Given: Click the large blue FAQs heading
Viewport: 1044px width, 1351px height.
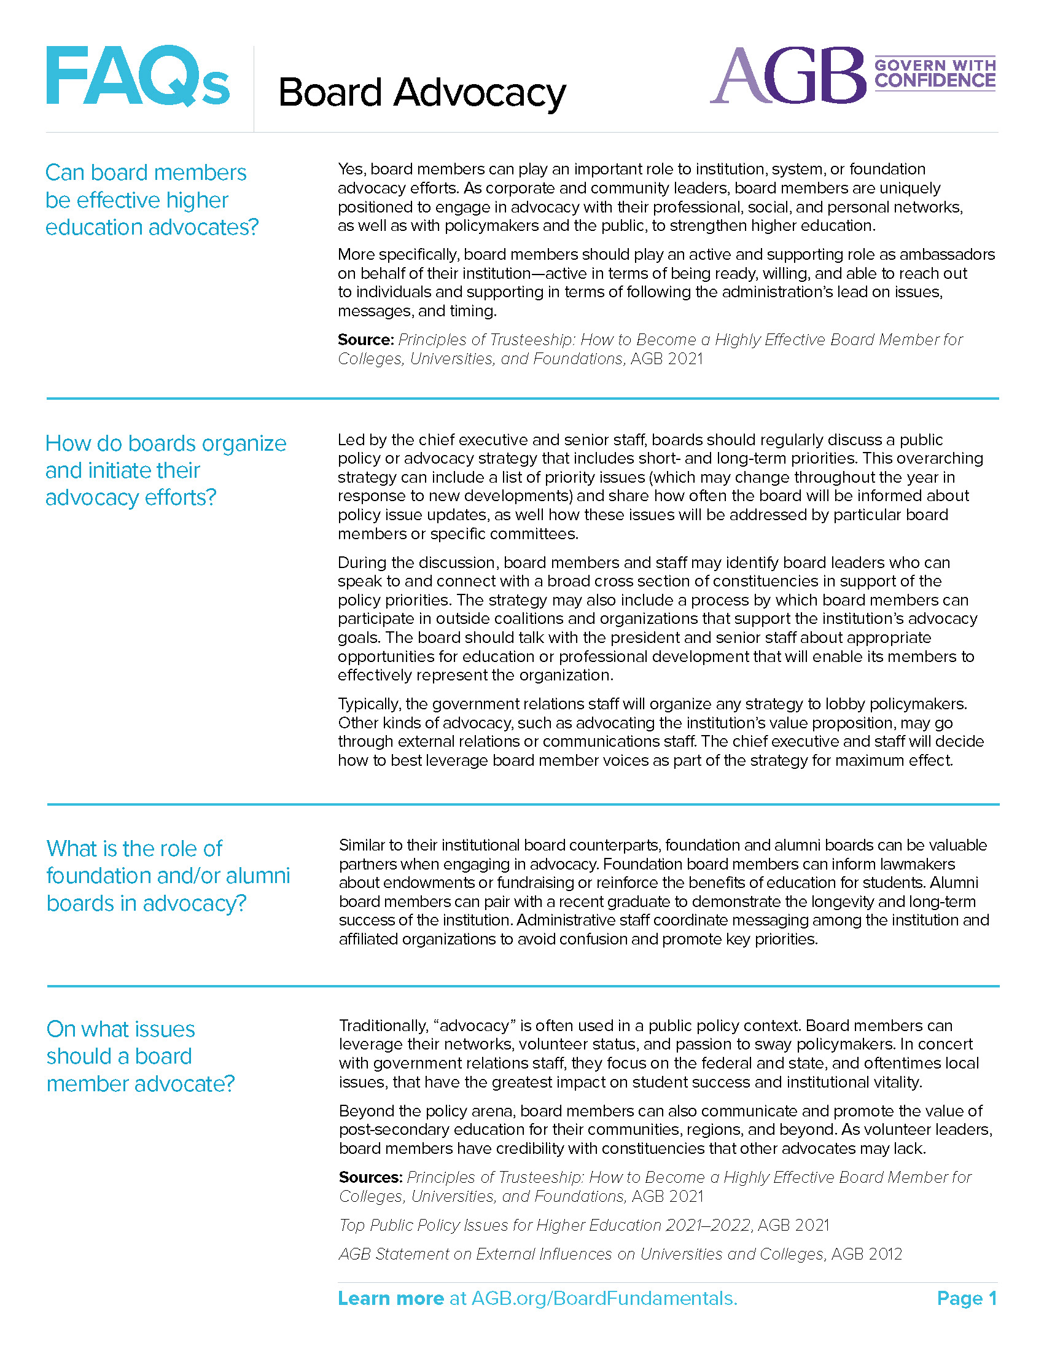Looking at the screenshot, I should pyautogui.click(x=138, y=77).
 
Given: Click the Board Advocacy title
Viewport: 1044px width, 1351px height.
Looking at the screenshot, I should pyautogui.click(x=422, y=93).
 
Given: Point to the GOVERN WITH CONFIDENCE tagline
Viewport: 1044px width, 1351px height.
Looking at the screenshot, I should pyautogui.click(x=935, y=74).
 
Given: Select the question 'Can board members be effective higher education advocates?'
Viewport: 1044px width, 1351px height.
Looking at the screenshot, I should pyautogui.click(x=152, y=200).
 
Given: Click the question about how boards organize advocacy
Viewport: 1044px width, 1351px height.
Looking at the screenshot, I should pyautogui.click(x=166, y=470).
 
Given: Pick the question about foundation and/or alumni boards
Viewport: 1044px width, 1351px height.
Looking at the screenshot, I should pyautogui.click(x=168, y=875).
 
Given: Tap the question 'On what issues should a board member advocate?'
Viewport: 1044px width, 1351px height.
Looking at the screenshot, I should pyautogui.click(x=141, y=1056).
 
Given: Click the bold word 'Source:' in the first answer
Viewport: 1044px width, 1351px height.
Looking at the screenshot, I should pyautogui.click(x=365, y=340).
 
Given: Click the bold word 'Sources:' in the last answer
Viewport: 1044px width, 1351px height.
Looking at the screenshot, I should pyautogui.click(x=370, y=1177).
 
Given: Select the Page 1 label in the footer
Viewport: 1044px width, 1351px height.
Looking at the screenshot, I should pyautogui.click(x=967, y=1298).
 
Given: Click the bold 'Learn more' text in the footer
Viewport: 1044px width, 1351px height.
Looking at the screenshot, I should pyautogui.click(x=391, y=1298).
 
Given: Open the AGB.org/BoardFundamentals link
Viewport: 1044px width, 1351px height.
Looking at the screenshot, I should pyautogui.click(x=604, y=1298).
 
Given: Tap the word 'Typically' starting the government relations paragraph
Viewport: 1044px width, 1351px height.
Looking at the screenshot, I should pyautogui.click(x=368, y=704).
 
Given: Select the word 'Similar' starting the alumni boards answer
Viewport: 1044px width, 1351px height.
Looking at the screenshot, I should pyautogui.click(x=360, y=845).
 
